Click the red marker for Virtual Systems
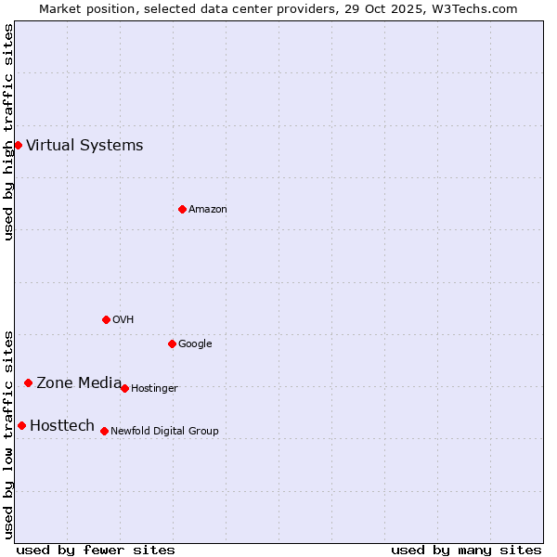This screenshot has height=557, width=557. (x=18, y=145)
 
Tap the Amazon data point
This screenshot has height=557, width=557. (x=182, y=209)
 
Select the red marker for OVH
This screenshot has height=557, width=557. (x=106, y=319)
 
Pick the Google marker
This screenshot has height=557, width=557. (x=172, y=343)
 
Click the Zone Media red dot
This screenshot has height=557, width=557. (x=28, y=382)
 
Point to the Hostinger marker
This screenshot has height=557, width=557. (x=124, y=388)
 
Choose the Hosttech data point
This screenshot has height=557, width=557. (x=21, y=425)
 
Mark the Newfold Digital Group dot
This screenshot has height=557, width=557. (x=104, y=431)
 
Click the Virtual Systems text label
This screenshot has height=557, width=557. (x=84, y=145)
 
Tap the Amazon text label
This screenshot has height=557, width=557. (x=207, y=209)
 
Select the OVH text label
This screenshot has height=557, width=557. (x=123, y=319)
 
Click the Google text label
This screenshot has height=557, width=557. (x=195, y=343)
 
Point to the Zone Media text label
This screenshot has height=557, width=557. (x=79, y=382)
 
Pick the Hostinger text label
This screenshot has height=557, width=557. (x=154, y=388)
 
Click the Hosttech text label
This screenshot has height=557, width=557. (x=62, y=425)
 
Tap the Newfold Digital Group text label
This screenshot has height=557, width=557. (x=164, y=431)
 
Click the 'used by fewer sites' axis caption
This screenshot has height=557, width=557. (x=96, y=550)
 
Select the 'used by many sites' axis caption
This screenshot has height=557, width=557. (x=466, y=550)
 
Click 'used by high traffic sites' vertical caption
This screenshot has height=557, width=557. (x=8, y=133)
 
